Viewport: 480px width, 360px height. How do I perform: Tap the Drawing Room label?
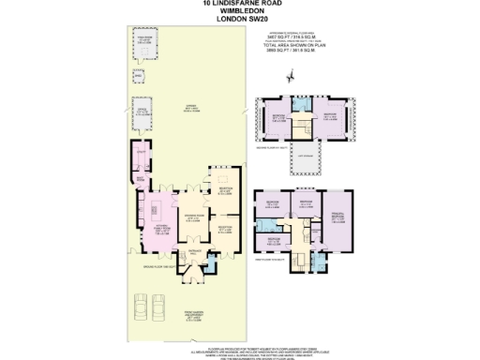tap(188, 221)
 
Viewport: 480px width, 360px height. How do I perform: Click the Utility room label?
tap(142, 152)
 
